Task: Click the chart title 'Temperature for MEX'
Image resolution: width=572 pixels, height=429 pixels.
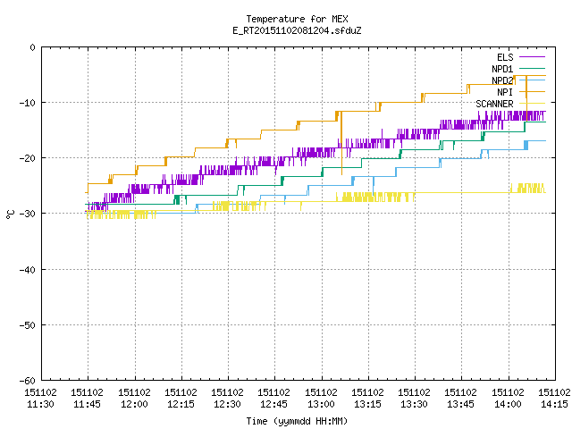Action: tap(297, 19)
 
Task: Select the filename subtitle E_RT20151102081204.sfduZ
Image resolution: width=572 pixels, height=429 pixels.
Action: tap(297, 30)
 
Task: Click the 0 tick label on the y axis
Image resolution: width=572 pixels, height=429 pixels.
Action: tap(33, 47)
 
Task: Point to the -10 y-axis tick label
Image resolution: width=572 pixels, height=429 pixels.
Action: tap(28, 103)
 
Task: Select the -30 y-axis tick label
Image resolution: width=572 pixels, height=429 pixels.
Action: tap(28, 214)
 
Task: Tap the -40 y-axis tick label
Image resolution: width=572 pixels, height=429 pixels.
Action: tap(28, 270)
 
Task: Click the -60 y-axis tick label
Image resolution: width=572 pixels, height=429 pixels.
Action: tap(28, 381)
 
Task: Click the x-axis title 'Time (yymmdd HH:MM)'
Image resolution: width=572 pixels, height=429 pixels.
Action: tap(297, 421)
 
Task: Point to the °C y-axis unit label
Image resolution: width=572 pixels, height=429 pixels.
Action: tap(11, 214)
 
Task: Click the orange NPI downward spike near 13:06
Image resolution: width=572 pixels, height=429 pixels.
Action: tap(341, 143)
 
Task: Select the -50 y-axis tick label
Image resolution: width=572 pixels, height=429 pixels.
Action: tap(28, 325)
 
